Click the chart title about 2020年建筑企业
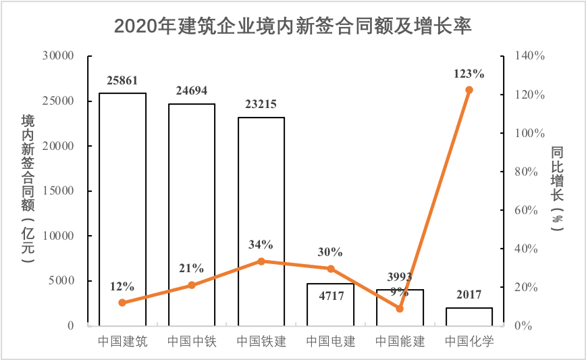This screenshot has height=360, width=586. coord(292,26)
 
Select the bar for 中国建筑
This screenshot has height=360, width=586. coord(122,209)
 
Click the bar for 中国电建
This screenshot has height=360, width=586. coord(330,311)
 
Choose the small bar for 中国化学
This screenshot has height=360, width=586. coord(469,317)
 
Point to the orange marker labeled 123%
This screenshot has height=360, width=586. coord(469,90)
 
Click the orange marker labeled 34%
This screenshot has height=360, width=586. coord(261,261)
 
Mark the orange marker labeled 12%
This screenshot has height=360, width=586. coord(122,303)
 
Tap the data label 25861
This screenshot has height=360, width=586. coord(122,80)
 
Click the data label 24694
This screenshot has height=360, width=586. coord(192,91)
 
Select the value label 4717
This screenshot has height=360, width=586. coord(330,294)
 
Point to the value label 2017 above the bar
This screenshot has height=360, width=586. coord(469,294)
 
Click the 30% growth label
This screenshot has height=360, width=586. coord(330,252)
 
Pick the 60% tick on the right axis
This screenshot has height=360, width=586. coord(531,210)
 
